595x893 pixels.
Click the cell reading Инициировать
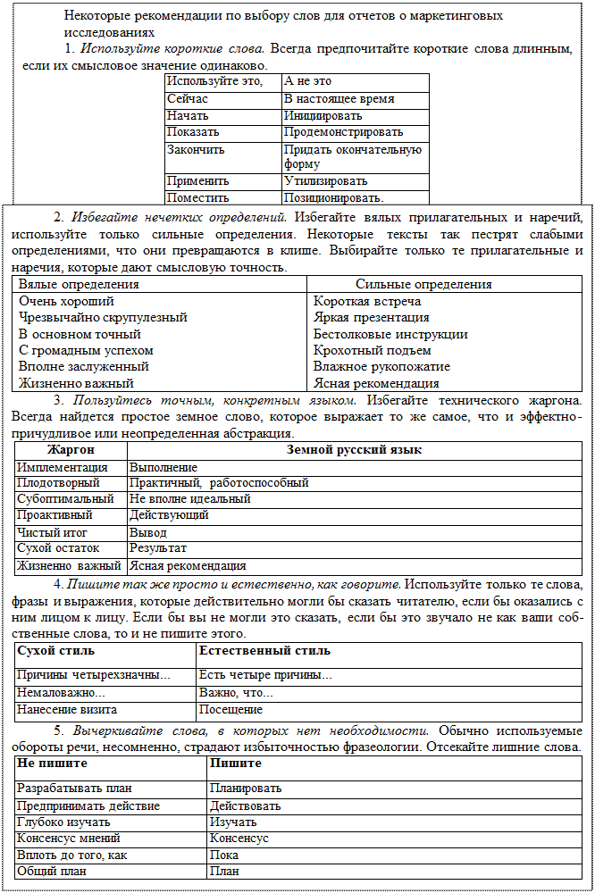(323, 116)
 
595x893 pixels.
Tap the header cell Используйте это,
(214, 82)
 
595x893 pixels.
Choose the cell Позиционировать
(333, 197)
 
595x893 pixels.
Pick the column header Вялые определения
(79, 285)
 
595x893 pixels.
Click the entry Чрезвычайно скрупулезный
(103, 317)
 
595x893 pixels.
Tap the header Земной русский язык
(354, 450)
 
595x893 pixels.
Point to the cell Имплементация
(63, 467)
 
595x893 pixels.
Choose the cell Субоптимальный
(65, 499)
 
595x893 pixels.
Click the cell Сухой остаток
(58, 548)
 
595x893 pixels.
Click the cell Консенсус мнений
(69, 839)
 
